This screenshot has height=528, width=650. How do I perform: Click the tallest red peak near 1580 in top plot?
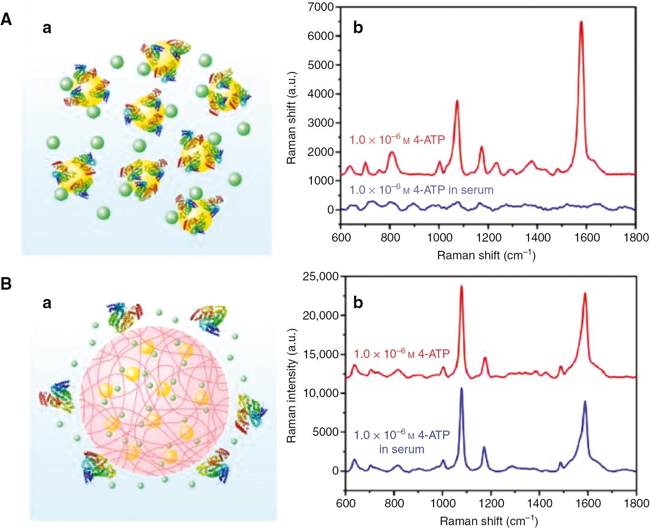point(581,23)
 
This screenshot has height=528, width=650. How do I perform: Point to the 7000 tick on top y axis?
point(320,7)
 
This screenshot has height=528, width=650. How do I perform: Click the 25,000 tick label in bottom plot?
point(321,277)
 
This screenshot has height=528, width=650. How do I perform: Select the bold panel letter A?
point(6,19)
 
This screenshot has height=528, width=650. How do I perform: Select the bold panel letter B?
point(6,284)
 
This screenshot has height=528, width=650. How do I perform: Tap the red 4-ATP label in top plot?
point(397,140)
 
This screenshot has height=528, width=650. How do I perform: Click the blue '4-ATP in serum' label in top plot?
point(421,190)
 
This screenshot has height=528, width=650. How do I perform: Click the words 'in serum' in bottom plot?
point(402,449)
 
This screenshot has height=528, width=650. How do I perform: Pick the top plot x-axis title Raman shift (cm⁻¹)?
point(486,255)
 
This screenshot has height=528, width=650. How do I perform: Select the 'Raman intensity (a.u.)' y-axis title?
point(291,386)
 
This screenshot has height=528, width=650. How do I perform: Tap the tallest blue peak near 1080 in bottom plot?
point(461,389)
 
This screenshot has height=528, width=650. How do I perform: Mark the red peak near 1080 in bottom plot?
point(461,286)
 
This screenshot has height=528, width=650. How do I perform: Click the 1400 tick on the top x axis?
point(538,238)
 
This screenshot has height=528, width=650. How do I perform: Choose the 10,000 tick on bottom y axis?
point(321,393)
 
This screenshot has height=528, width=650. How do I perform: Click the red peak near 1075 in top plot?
point(457,101)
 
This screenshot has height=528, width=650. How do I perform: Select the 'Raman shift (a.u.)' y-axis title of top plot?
point(291,118)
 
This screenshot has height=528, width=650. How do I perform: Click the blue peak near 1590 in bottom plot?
point(585,402)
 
